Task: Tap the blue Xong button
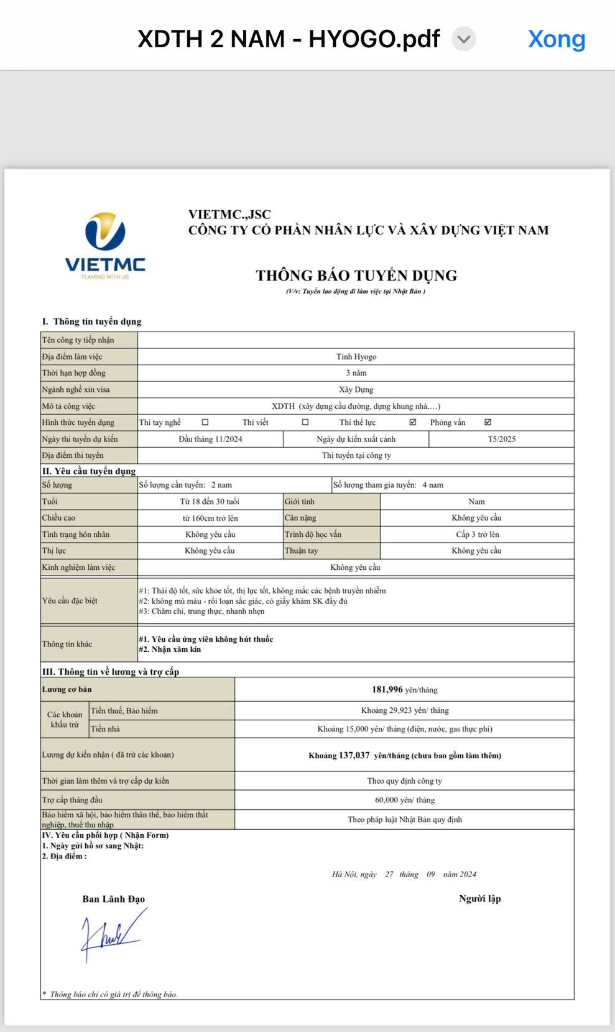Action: tap(557, 39)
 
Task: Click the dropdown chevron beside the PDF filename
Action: tap(463, 39)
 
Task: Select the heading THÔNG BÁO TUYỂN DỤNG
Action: tap(356, 276)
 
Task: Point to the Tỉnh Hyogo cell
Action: tap(356, 356)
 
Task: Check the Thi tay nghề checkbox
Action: tap(205, 422)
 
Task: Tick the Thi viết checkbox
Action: tap(305, 422)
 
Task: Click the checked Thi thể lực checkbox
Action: tap(413, 422)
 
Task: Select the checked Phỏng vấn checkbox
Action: tap(488, 422)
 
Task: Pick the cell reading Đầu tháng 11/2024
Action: tap(210, 439)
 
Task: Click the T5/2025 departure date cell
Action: tap(501, 439)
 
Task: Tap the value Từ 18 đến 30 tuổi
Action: tap(210, 501)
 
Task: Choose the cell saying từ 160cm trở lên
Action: tap(210, 518)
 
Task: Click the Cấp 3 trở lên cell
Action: tap(477, 534)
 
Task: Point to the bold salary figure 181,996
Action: tap(387, 689)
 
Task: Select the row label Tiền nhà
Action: tap(105, 729)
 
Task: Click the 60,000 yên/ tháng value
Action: tap(405, 800)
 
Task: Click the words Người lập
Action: tap(479, 898)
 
